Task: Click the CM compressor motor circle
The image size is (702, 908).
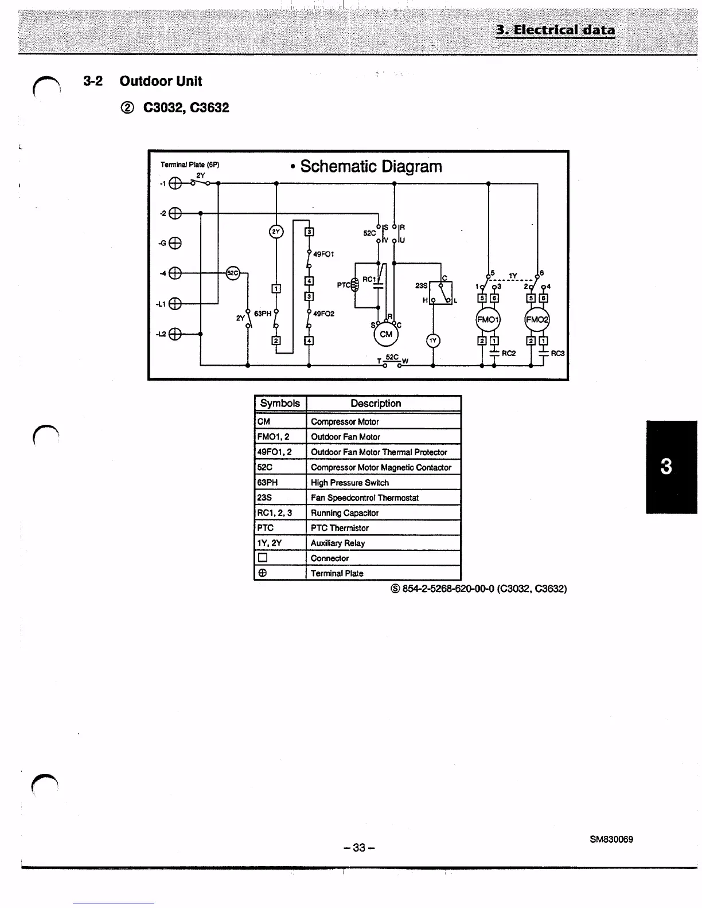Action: (386, 334)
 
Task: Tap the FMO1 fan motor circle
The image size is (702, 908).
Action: (488, 320)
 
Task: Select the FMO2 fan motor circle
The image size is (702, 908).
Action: (537, 320)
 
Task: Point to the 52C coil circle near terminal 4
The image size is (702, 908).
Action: (232, 273)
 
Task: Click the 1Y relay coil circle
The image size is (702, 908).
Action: (433, 340)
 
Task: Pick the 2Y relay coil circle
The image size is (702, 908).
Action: (276, 232)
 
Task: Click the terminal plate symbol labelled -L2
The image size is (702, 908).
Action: (175, 334)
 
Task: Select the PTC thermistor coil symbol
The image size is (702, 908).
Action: (354, 283)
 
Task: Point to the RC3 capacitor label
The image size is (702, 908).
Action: (557, 354)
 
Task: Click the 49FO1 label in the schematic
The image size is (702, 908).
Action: (323, 254)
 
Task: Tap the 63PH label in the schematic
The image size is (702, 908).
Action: (263, 314)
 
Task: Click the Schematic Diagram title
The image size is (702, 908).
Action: (370, 167)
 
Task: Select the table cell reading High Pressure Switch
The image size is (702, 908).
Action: (350, 483)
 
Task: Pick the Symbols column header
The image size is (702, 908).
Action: (280, 404)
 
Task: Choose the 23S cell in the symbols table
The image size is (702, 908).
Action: (264, 498)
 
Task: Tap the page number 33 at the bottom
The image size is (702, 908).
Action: (359, 848)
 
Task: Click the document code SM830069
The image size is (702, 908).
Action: (611, 839)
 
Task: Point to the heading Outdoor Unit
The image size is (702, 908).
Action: (161, 81)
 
